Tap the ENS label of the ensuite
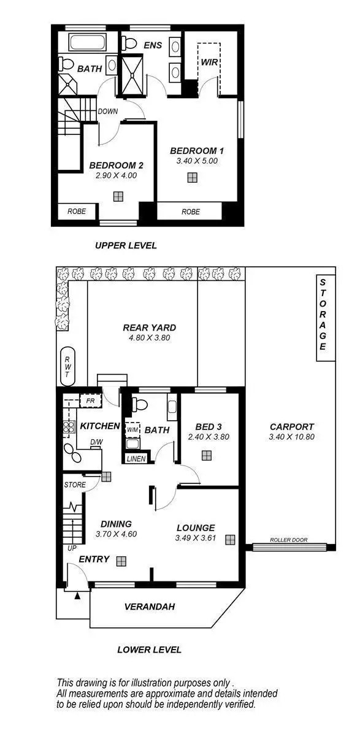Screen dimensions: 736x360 pyautogui.click(x=152, y=45)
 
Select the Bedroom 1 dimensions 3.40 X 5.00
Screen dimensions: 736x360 pyautogui.click(x=193, y=161)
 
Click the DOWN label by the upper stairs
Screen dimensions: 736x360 pyautogui.click(x=108, y=112)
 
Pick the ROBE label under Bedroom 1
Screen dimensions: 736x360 pyautogui.click(x=190, y=212)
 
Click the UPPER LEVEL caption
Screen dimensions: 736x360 pyautogui.click(x=126, y=245)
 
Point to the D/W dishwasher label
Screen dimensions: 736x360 pyautogui.click(x=96, y=443)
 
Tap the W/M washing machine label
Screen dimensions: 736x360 pyautogui.click(x=132, y=429)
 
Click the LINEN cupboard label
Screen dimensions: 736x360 pyautogui.click(x=136, y=458)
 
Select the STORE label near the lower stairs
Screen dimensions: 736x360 pyautogui.click(x=75, y=485)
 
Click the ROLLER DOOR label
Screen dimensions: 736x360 pyautogui.click(x=289, y=540)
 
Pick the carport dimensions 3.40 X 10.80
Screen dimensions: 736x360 pyautogui.click(x=291, y=437)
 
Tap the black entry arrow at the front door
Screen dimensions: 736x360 pyautogui.click(x=77, y=594)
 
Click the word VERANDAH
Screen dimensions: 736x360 pyautogui.click(x=150, y=607)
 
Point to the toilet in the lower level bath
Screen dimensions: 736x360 pyautogui.click(x=139, y=405)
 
